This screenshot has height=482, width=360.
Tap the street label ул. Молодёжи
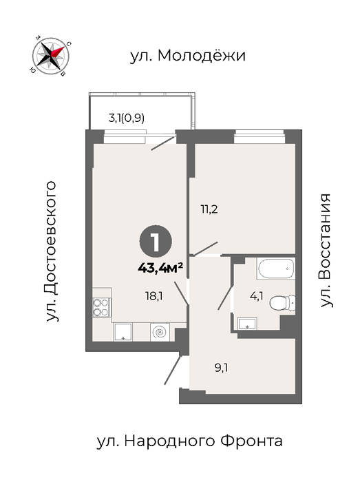pos(188,56)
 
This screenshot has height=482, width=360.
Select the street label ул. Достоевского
pos(52,251)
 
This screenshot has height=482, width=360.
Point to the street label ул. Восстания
pos(325,250)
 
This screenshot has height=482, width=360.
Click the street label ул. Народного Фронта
pos(189,441)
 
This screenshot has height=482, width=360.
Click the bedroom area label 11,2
pos(209,209)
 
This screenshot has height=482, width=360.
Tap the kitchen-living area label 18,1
pos(154,296)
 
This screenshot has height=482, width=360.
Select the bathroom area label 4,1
pos(257,297)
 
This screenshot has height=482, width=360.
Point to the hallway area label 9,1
pos(221,368)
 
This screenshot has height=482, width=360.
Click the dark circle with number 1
pos(156,242)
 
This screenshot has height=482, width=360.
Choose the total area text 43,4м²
pos(160,268)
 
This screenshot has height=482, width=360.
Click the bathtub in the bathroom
pos(276,269)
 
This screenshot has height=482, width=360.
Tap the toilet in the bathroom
pos(282,303)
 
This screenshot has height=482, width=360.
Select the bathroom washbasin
pos(247,324)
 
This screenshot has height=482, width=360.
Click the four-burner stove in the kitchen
pos(102,307)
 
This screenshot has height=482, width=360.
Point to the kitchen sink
pos(123,332)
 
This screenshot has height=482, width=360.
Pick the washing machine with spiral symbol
pos(160,332)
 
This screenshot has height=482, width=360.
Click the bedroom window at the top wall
pos(259,136)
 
